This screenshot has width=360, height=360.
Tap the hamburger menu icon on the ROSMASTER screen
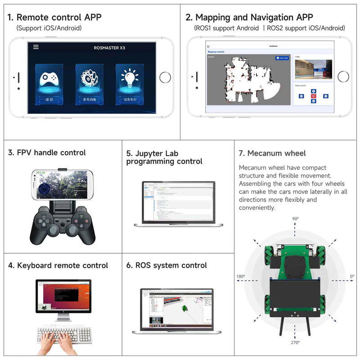(x=36, y=47)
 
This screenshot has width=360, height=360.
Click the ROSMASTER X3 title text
(x=109, y=48)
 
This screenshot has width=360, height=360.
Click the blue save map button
(x=282, y=58)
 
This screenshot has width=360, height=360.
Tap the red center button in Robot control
(x=314, y=96)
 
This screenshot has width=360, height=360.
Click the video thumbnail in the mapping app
(x=313, y=70)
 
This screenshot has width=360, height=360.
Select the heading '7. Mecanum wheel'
(x=272, y=153)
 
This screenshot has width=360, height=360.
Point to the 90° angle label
(x=295, y=219)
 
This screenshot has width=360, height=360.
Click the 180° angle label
(x=241, y=276)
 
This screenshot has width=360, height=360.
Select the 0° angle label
(x=351, y=276)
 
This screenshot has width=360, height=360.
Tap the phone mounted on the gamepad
(x=63, y=185)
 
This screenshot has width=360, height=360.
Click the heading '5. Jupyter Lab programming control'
(x=164, y=157)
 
